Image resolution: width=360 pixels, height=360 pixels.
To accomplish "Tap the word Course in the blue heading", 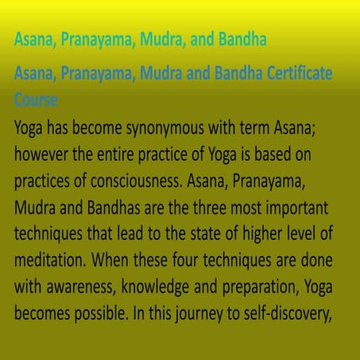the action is coord(36,99).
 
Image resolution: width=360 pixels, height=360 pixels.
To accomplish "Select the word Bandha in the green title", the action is coord(242,39).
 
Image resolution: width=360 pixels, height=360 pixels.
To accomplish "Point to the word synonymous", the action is coord(165,129).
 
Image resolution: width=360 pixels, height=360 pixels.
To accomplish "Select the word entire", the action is coord(115,154).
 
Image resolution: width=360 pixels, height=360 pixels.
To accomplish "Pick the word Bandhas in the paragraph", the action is coord(114,207).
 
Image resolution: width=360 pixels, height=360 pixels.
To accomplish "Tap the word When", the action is coord(110,260).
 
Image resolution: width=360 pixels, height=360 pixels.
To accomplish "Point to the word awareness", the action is coord(82,287).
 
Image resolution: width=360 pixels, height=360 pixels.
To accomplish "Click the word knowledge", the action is coord(155,288).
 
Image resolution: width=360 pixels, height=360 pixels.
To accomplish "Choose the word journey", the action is coord(199,314).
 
